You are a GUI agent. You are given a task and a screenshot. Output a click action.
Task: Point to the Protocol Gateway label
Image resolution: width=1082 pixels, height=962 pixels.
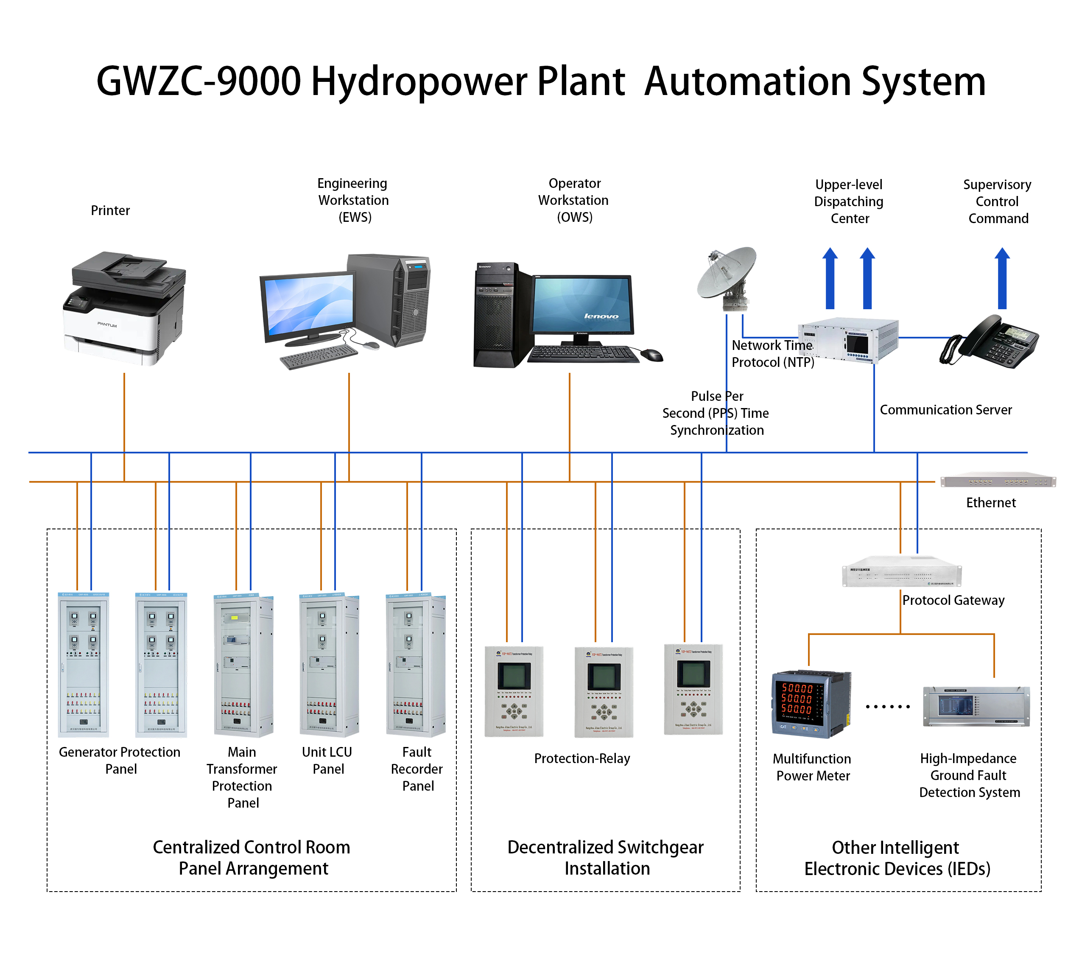pos(953,600)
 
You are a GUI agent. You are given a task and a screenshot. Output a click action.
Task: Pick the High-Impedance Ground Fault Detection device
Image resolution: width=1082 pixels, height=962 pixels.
pos(976,707)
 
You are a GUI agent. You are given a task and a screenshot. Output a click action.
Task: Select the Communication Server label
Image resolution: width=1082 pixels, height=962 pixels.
pos(945,410)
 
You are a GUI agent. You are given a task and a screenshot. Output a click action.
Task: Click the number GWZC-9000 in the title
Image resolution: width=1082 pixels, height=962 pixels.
pos(199,81)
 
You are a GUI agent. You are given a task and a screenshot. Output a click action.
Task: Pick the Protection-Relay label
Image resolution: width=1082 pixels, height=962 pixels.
pos(582,758)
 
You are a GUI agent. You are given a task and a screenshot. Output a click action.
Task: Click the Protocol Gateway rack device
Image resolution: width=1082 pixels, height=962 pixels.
pos(901,572)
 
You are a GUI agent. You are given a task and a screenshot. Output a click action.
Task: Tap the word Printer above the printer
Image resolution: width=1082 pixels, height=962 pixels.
pos(110,211)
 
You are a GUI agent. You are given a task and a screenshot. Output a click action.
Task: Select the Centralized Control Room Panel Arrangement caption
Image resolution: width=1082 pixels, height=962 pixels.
pos(252,858)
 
